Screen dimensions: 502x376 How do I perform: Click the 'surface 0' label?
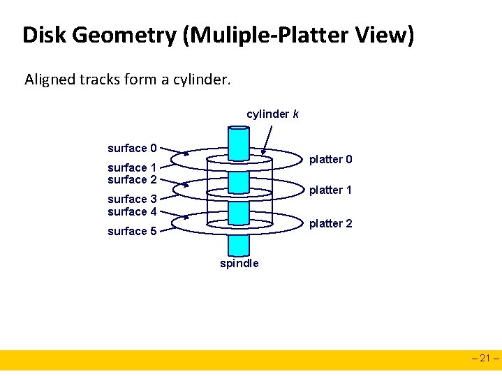point(131,148)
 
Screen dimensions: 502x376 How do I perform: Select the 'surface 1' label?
point(131,167)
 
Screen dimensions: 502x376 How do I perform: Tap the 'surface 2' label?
point(131,179)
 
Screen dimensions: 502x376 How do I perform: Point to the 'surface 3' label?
point(131,200)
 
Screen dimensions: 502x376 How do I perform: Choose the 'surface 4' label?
point(131,211)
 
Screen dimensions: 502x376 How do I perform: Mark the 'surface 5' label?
point(131,231)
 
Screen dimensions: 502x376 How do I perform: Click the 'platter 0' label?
point(330,160)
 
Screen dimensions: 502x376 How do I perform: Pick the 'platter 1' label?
point(330,190)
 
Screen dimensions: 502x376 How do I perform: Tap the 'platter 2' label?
point(330,223)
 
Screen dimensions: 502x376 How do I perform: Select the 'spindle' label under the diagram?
point(239,263)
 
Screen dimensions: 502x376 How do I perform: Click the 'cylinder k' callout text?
point(272,114)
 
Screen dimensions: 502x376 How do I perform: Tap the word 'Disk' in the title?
point(40,35)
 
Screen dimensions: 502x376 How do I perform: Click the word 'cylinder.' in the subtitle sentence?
point(203,80)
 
